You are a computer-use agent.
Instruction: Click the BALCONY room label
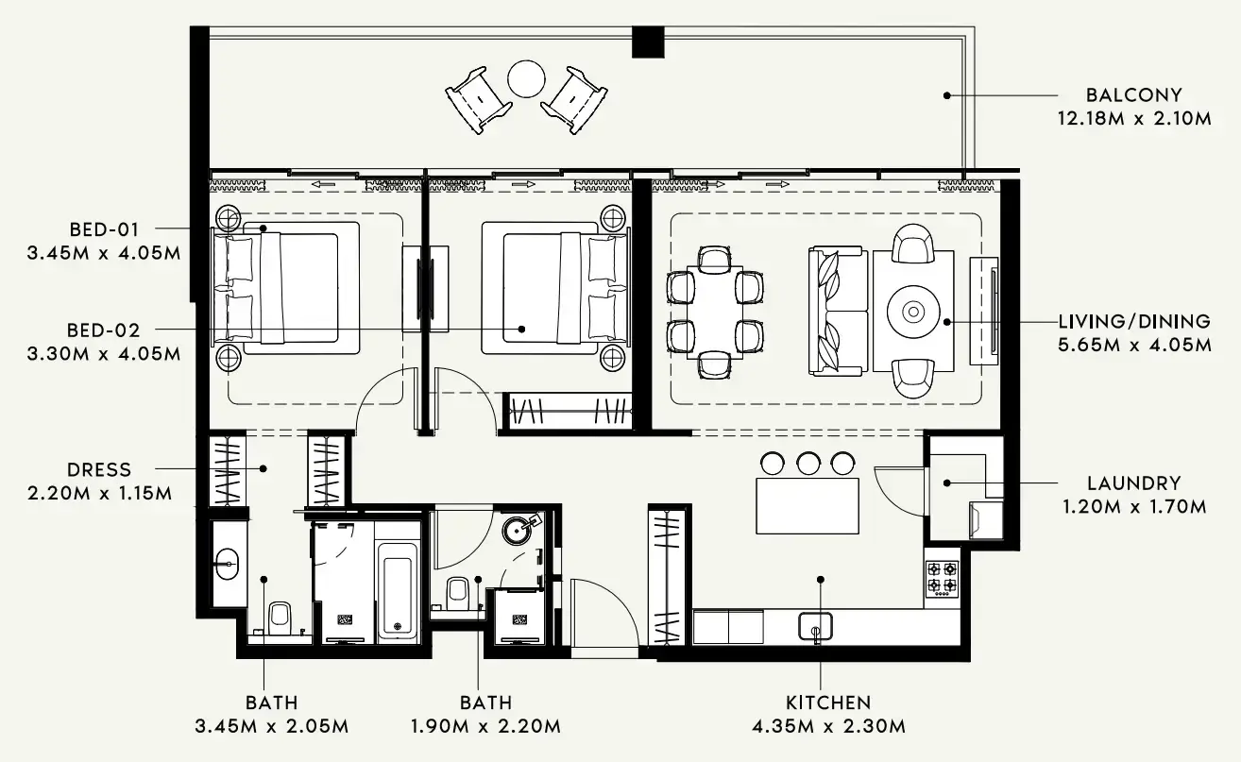[x=1133, y=95]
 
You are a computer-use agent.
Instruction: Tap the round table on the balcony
[x=526, y=79]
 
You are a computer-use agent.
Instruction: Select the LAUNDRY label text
[x=1133, y=483]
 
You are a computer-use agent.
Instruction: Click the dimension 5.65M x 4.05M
[x=1134, y=345]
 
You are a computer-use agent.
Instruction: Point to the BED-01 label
[x=104, y=229]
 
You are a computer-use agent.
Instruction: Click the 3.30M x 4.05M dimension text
[x=104, y=353]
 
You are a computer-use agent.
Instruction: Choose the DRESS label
[x=99, y=469]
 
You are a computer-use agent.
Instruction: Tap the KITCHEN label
[x=828, y=703]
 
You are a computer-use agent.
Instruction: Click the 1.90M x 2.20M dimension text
[x=485, y=726]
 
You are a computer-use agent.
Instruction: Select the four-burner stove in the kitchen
[x=942, y=579]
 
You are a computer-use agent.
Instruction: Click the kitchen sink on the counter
[x=815, y=626]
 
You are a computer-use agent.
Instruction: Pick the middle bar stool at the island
[x=807, y=464]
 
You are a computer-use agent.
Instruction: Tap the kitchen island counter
[x=807, y=506]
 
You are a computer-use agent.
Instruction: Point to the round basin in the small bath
[x=517, y=531]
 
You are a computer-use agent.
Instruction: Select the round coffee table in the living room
[x=913, y=312]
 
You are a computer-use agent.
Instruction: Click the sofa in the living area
[x=838, y=311]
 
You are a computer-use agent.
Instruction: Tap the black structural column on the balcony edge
[x=648, y=42]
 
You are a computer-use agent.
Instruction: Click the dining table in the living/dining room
[x=715, y=313]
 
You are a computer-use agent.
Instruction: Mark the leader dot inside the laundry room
[x=947, y=483]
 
